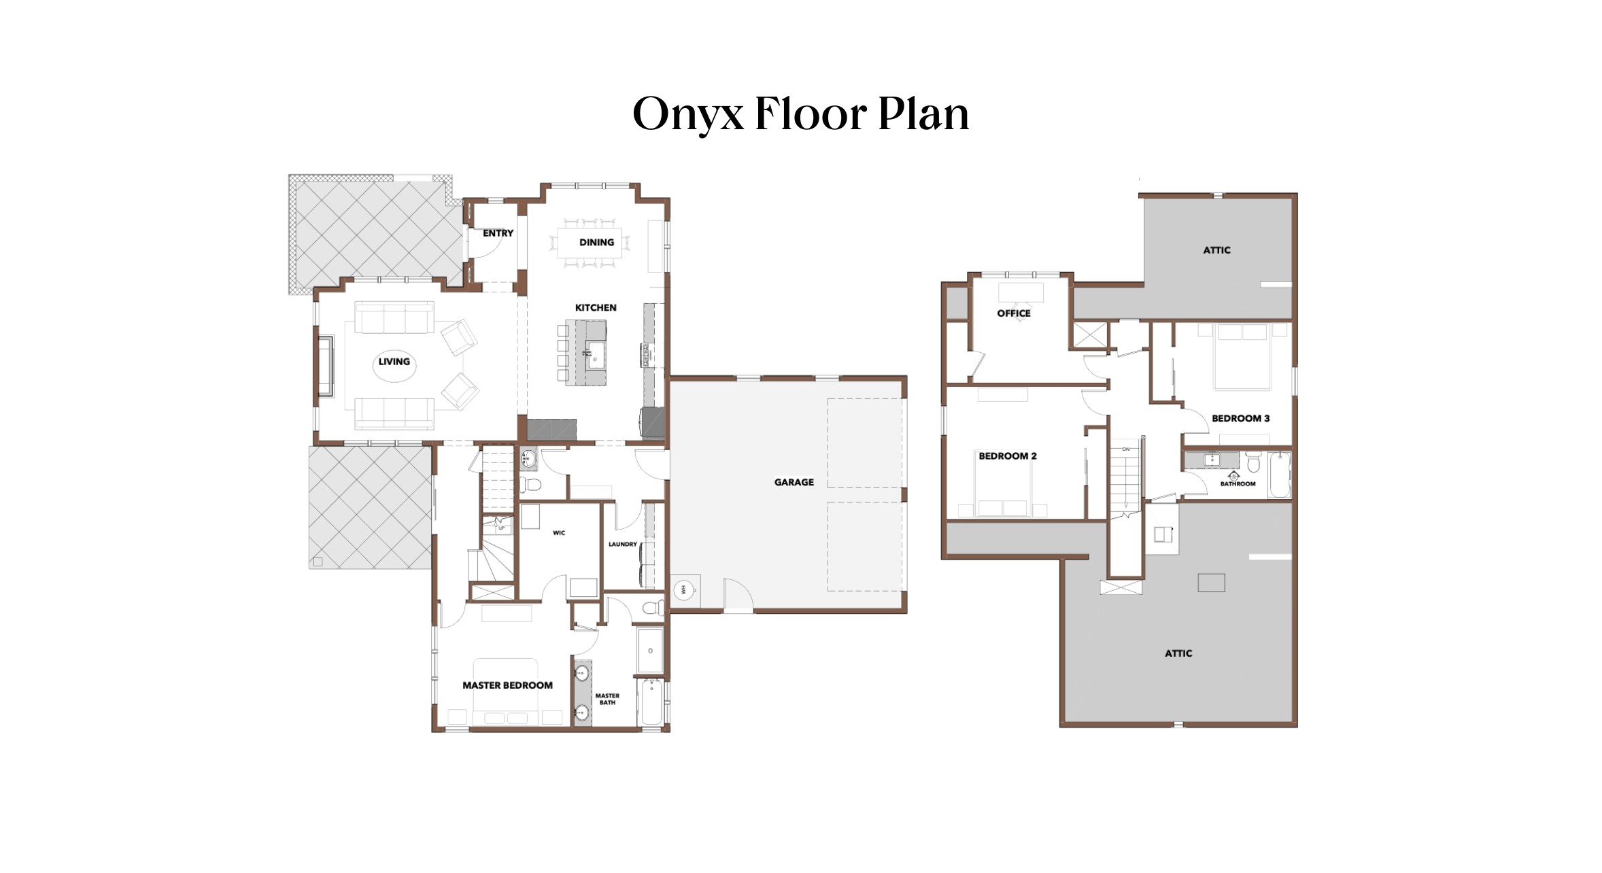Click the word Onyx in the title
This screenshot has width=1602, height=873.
pyautogui.click(x=687, y=114)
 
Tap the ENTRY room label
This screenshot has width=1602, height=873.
pyautogui.click(x=498, y=233)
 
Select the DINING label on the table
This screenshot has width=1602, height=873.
pyautogui.click(x=596, y=242)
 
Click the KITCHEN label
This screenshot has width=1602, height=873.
pyautogui.click(x=596, y=307)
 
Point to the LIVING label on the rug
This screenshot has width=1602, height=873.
pyautogui.click(x=394, y=362)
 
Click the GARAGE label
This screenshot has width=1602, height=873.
pyautogui.click(x=794, y=482)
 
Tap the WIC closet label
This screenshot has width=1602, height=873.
pyautogui.click(x=559, y=532)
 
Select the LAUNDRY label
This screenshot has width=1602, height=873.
pyautogui.click(x=622, y=544)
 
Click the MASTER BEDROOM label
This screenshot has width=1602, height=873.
pyautogui.click(x=507, y=685)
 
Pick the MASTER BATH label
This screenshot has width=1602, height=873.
pyautogui.click(x=607, y=699)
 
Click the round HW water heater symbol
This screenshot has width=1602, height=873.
pyautogui.click(x=683, y=590)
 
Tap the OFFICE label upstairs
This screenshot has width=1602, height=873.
pyautogui.click(x=1013, y=313)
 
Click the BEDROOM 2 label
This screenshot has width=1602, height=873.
pyautogui.click(x=1007, y=456)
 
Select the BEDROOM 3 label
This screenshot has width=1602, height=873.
pyautogui.click(x=1240, y=418)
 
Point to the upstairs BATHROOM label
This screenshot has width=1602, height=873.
pyautogui.click(x=1238, y=484)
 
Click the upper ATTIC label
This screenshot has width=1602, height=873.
pyautogui.click(x=1216, y=250)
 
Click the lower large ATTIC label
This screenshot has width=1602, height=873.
pyautogui.click(x=1178, y=653)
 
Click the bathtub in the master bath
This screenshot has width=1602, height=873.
pyautogui.click(x=651, y=702)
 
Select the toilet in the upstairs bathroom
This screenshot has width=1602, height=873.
pyautogui.click(x=1253, y=462)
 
